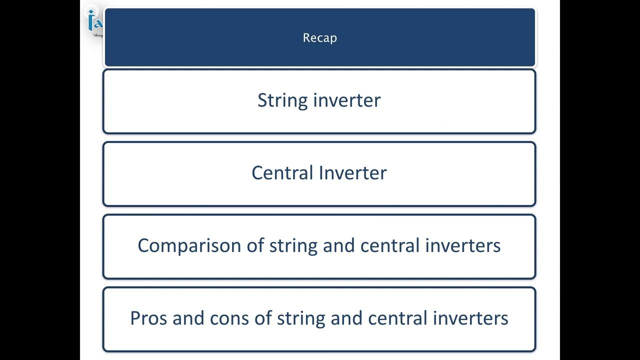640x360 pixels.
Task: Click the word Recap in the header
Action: (x=320, y=38)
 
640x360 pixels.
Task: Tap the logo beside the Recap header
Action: (x=94, y=23)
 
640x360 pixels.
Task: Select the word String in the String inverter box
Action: (x=282, y=100)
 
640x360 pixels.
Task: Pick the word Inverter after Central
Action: (x=352, y=173)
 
